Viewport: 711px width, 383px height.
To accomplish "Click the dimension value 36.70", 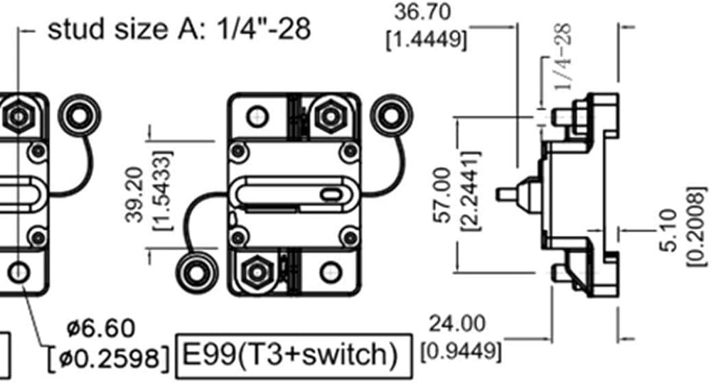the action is (422, 12).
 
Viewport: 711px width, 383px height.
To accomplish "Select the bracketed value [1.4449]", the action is (426, 41).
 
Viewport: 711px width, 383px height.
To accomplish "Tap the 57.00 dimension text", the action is (443, 195).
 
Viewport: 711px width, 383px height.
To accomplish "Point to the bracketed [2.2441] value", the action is (470, 191).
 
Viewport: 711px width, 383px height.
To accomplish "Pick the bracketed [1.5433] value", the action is (163, 190).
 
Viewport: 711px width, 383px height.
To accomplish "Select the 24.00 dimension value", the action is (456, 324).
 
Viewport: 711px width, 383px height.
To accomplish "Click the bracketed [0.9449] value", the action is (461, 352).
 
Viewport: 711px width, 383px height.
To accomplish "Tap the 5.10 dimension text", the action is (670, 231).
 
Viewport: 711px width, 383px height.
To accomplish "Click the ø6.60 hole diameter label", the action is (101, 328).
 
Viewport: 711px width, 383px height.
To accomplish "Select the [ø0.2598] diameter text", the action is (109, 357).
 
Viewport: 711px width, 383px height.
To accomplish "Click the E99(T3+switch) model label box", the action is (294, 356).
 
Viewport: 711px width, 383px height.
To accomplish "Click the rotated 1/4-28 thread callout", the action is (562, 57).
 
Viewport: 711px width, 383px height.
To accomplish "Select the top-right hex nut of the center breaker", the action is (331, 117).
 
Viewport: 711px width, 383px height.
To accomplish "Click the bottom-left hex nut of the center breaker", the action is (257, 272).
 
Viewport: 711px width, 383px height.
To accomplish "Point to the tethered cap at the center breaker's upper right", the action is (392, 116).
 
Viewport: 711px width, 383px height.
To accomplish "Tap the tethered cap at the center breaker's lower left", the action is (196, 273).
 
